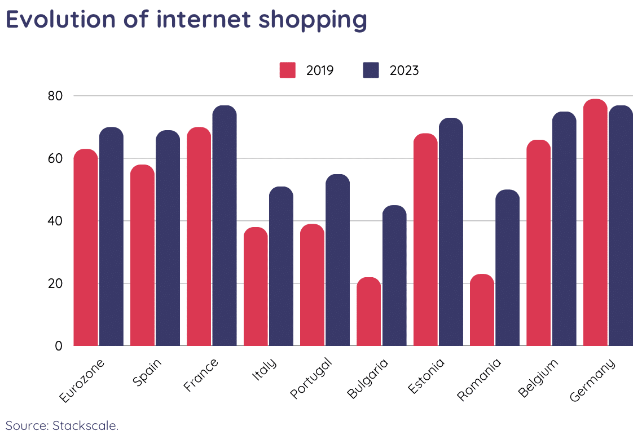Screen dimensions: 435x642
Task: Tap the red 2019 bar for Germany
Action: tap(595, 223)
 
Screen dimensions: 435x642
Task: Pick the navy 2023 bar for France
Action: tap(225, 225)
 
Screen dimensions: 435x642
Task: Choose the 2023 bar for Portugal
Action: tap(337, 260)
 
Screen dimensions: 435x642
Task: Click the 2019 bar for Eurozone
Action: tap(86, 247)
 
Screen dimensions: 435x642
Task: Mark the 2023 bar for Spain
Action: tap(168, 238)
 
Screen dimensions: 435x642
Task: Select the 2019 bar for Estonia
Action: tap(425, 239)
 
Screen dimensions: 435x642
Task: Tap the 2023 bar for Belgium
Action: tap(564, 228)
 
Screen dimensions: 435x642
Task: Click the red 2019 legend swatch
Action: tap(288, 70)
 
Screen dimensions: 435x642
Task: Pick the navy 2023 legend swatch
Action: tap(371, 70)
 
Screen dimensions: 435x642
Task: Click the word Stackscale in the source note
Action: tap(85, 425)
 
